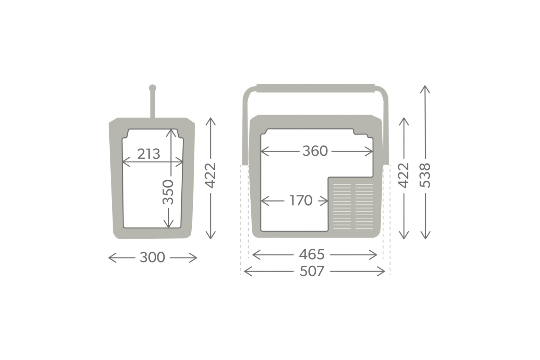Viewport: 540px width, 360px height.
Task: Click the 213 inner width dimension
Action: (x=149, y=154)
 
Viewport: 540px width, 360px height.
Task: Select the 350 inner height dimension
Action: (x=168, y=192)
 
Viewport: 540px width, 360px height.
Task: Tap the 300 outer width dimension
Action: (x=152, y=257)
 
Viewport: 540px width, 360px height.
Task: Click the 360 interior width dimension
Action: (x=315, y=151)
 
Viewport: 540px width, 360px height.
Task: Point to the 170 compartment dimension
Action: (x=301, y=201)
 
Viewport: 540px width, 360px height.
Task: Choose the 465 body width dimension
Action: (x=312, y=255)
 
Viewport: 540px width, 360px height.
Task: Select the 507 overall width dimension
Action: (x=312, y=271)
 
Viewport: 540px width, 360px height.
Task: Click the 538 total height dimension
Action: (x=425, y=175)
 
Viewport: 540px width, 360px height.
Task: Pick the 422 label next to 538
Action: (x=403, y=176)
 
